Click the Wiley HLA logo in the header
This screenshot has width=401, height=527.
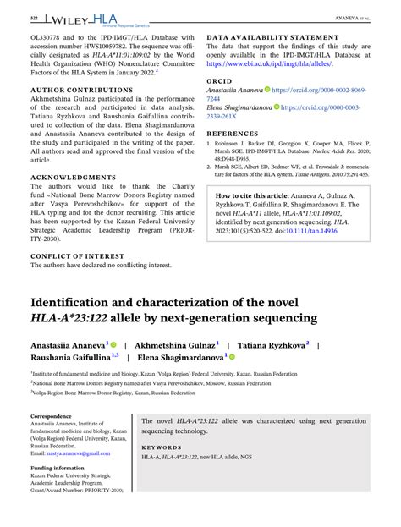83,18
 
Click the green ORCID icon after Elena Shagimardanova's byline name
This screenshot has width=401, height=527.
233,358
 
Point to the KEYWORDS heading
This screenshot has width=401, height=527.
162,447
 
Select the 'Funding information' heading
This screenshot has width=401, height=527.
58,467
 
